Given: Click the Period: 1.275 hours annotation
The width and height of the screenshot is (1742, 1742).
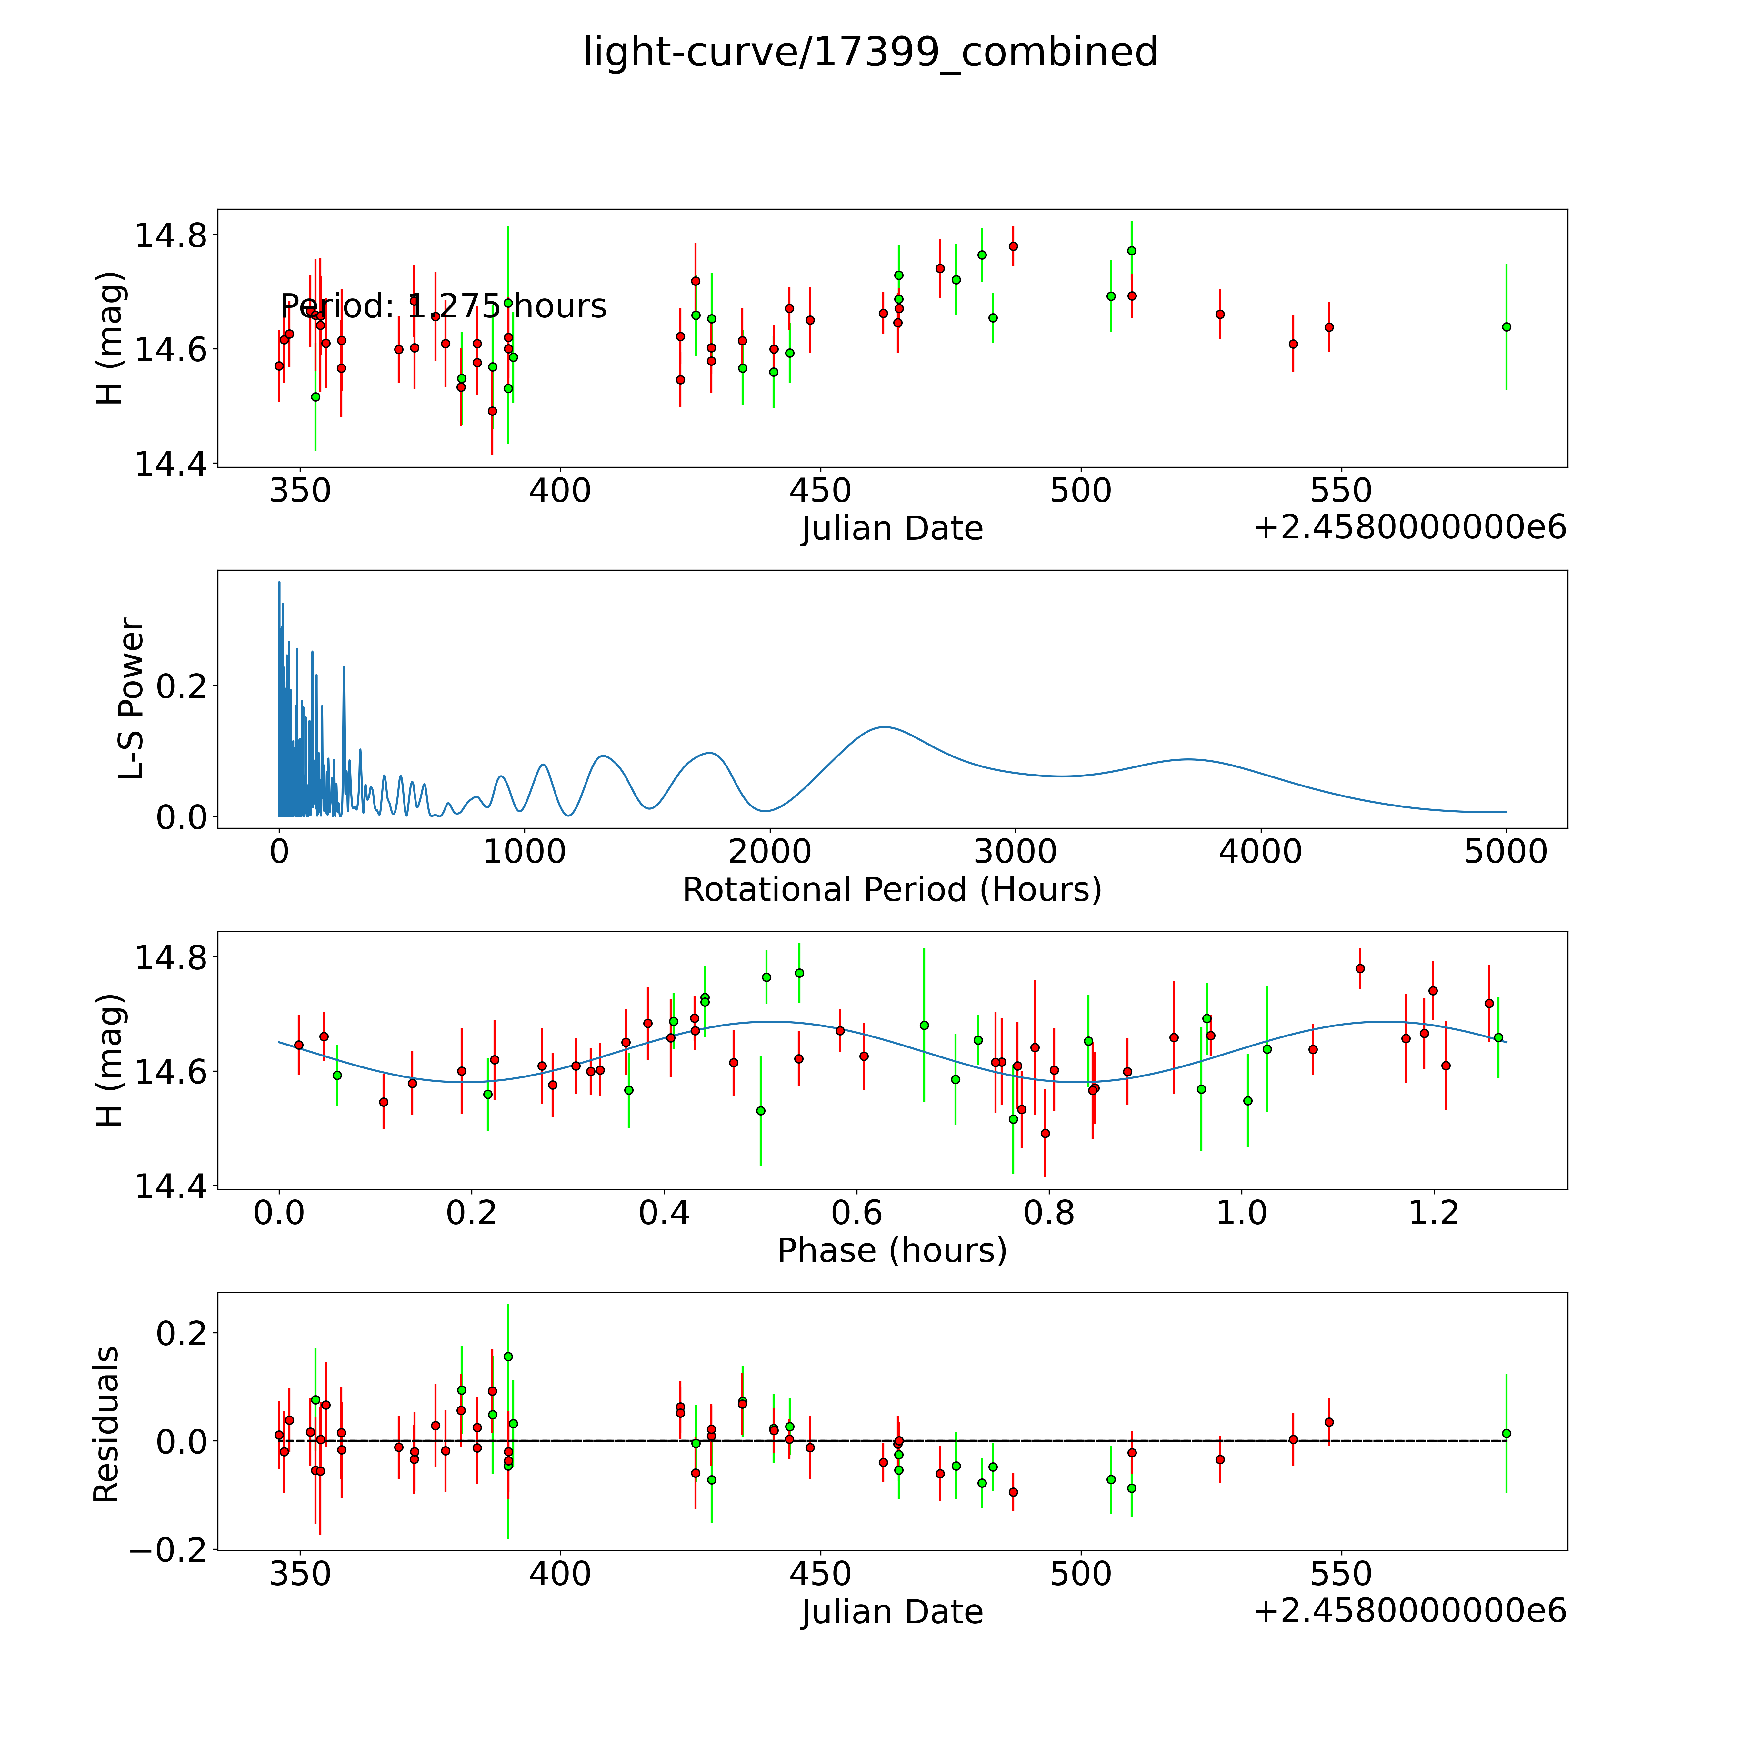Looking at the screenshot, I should (x=443, y=306).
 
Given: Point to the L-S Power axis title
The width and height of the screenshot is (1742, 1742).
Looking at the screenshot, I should (x=132, y=699).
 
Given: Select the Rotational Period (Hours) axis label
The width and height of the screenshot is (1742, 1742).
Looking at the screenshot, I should (x=892, y=890).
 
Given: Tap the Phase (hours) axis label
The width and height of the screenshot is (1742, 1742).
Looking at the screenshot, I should (x=892, y=1251).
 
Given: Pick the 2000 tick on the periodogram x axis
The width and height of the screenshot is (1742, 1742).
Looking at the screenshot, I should (x=770, y=852).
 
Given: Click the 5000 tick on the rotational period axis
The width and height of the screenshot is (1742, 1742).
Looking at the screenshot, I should (x=1506, y=852).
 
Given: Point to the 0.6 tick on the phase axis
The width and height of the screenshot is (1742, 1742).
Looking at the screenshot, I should (x=856, y=1213).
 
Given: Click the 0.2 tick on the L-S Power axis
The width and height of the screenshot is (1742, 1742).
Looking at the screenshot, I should (x=182, y=686).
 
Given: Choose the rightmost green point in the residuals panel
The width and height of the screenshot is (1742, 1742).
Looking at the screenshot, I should (x=1506, y=1433).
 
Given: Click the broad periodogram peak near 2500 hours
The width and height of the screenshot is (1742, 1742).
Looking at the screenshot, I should (x=885, y=727).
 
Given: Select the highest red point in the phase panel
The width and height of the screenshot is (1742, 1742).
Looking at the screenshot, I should (x=1360, y=968).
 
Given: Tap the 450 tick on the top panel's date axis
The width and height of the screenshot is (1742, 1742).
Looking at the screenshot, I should (x=820, y=491).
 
